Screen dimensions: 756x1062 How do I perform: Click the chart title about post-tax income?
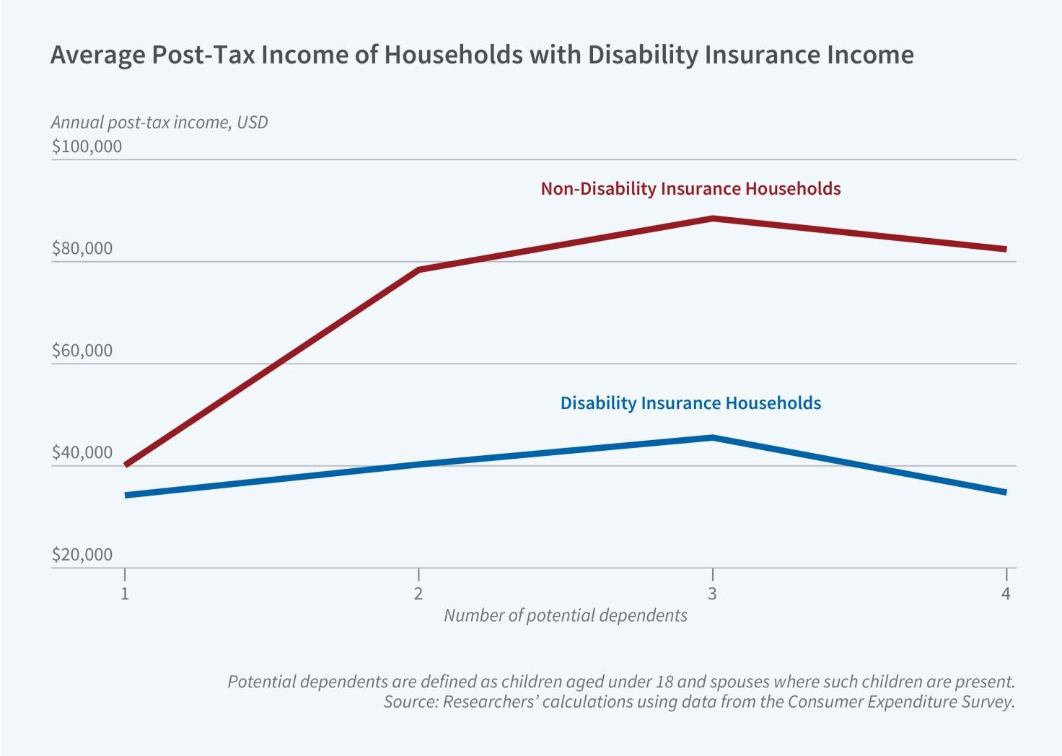[x=482, y=55]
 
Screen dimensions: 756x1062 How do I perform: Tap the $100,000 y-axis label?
[x=87, y=146]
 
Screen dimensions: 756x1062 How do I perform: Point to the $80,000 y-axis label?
[x=82, y=249]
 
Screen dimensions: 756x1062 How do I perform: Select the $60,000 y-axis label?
[x=82, y=351]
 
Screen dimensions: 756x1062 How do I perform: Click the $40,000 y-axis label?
[x=82, y=453]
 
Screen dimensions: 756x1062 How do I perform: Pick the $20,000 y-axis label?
[x=82, y=555]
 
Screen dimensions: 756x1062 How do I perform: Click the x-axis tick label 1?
[x=125, y=594]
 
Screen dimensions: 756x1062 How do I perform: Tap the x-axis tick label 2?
[x=418, y=594]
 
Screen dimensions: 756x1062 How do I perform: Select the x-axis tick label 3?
[x=712, y=594]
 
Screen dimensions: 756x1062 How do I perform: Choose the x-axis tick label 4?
[x=1006, y=594]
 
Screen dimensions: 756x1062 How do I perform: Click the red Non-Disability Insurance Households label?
[x=690, y=189]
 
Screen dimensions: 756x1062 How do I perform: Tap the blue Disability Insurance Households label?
[x=690, y=403]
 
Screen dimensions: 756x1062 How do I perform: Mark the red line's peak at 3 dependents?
[x=712, y=218]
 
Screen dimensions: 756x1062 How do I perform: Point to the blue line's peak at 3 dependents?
[x=712, y=437]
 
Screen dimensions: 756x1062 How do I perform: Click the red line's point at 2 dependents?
[x=418, y=270]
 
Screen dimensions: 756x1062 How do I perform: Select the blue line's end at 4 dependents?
[x=1004, y=492]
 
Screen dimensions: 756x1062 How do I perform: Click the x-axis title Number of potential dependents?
[x=565, y=616]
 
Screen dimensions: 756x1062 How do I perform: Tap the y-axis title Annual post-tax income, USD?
[x=159, y=123]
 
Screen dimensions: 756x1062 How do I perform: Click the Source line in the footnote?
[x=698, y=702]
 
